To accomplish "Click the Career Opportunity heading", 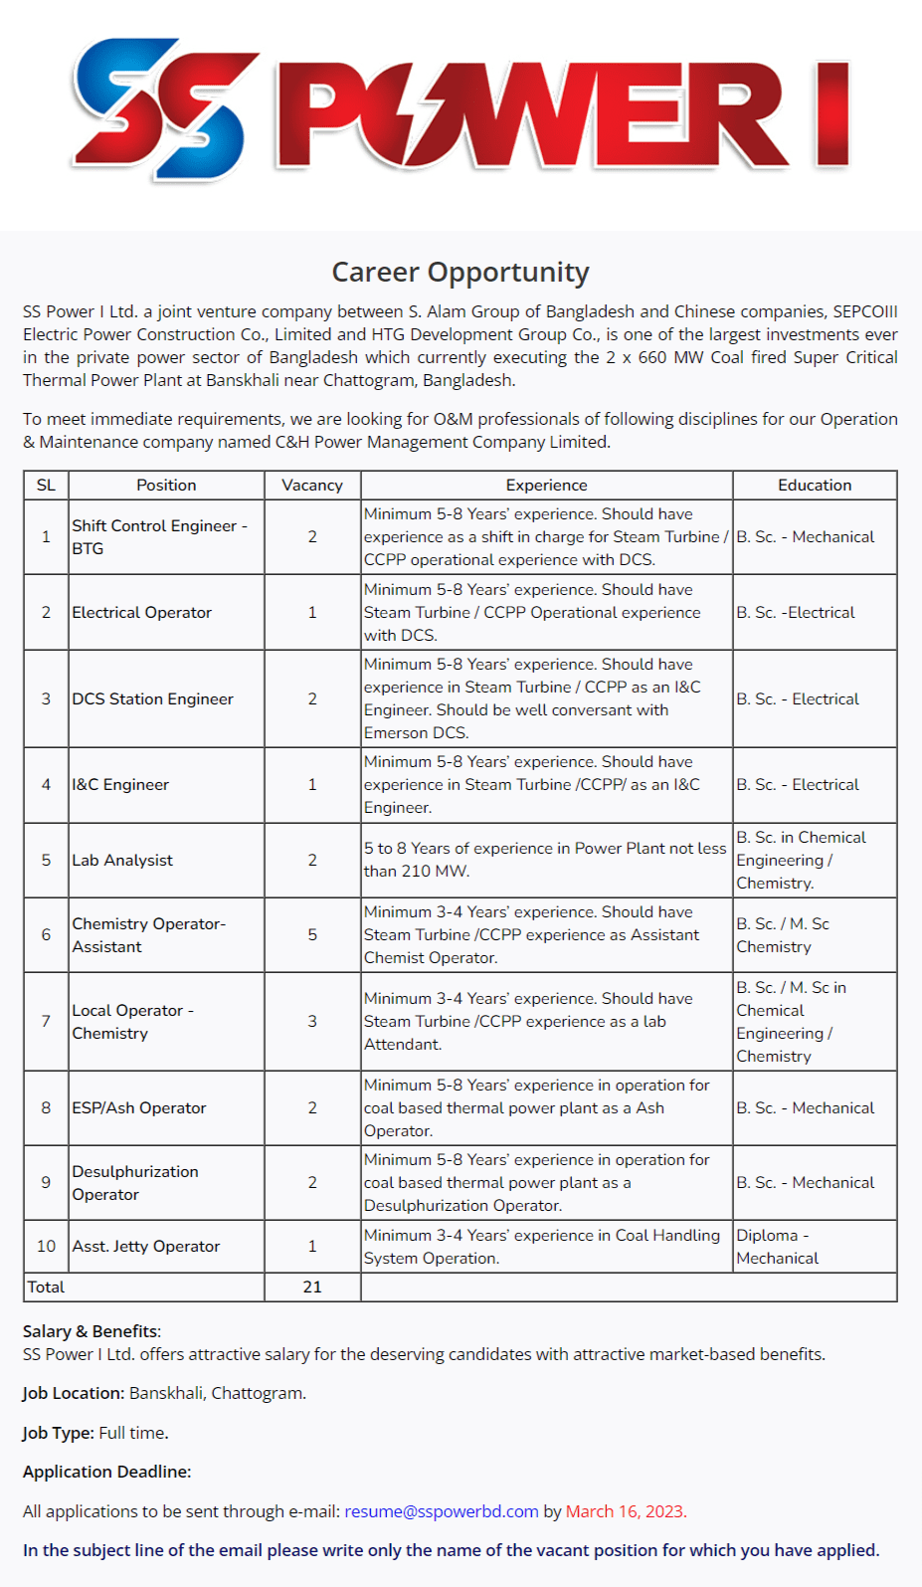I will click(461, 272).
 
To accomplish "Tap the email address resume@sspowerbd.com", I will click(441, 1511).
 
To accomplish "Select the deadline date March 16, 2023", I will click(625, 1511).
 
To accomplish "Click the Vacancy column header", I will click(312, 486).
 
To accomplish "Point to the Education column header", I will click(814, 486).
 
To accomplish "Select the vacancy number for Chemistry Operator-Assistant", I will click(312, 935).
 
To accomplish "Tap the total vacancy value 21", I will click(312, 1288).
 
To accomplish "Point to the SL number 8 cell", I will click(46, 1108).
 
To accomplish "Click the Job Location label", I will click(74, 1393).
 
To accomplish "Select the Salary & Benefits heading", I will click(92, 1331).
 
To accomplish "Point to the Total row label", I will click(46, 1288).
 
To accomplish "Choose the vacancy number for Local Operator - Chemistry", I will click(312, 1022).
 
